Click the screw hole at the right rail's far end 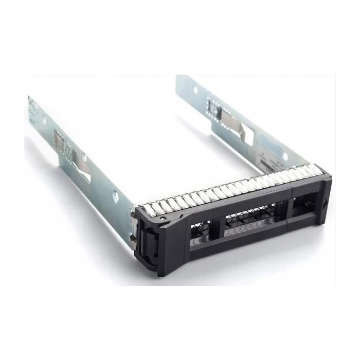tap(195, 90)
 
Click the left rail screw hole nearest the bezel tap(116, 194)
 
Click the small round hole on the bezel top tap(163, 218)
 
